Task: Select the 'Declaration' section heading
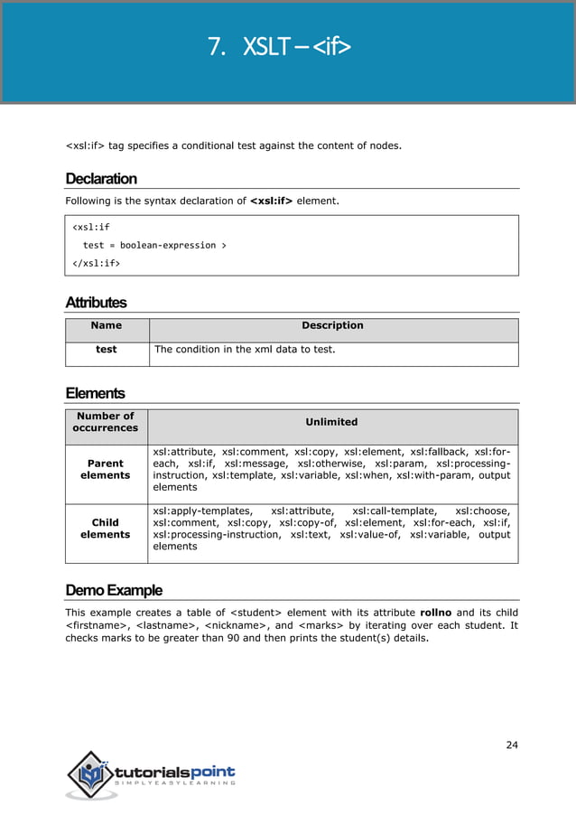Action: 101,178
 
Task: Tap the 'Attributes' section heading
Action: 96,302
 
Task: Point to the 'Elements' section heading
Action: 95,393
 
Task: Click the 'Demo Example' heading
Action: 114,590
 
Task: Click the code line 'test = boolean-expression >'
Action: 154,245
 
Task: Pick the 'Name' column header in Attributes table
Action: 107,325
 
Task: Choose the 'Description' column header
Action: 332,325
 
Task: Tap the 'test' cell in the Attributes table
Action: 107,349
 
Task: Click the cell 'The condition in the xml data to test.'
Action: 245,349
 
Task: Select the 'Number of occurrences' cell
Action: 106,422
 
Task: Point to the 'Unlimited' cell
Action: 331,422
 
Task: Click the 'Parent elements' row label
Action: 106,469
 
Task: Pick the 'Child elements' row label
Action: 106,529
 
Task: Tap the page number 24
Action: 512,745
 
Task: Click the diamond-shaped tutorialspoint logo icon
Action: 90,773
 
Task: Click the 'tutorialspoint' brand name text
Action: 175,772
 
